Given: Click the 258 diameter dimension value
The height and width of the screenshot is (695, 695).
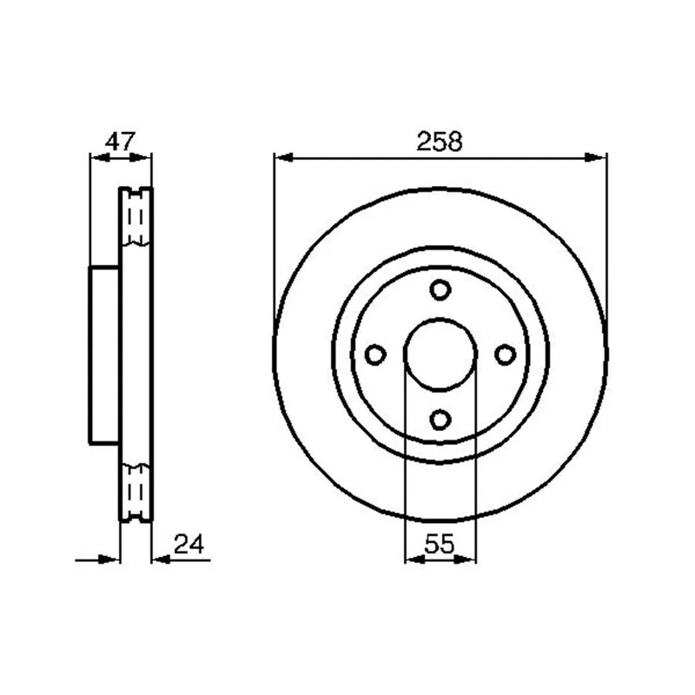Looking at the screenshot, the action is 440,142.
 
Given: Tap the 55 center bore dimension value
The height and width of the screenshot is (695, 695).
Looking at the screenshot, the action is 440,544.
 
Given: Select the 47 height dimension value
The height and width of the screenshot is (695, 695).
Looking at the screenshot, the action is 120,142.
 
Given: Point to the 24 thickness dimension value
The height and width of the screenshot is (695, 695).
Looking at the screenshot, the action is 189,544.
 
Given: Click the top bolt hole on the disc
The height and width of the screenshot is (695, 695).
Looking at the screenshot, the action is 440,290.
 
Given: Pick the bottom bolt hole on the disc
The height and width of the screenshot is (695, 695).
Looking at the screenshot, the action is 440,420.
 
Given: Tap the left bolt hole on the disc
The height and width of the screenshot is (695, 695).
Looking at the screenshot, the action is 375,354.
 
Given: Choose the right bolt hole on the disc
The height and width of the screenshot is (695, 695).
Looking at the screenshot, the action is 506,354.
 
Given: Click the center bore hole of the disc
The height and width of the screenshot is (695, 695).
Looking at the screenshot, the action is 440,354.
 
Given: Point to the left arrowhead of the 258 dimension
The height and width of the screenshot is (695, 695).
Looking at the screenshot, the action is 284,157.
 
